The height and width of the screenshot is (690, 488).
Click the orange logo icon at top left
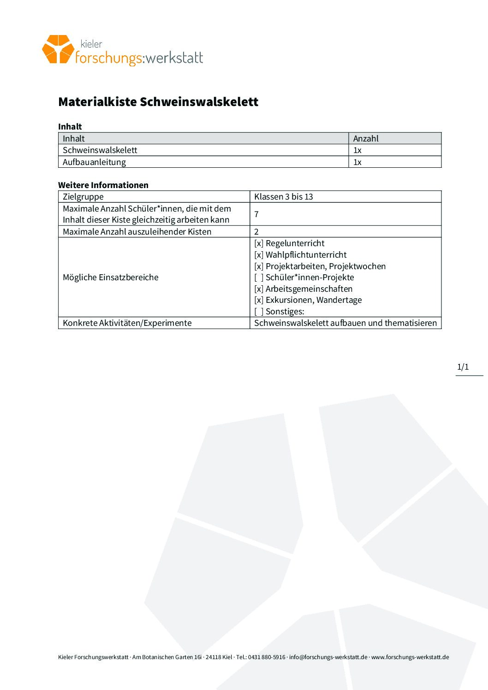tap(58, 49)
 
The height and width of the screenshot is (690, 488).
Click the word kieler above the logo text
tap(91, 44)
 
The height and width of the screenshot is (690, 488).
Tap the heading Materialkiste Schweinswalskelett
tap(158, 102)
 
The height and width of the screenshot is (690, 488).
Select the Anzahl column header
tap(366, 138)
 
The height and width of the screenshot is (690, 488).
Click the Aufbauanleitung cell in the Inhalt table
tap(94, 162)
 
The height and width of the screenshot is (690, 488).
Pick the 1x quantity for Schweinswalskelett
tap(357, 150)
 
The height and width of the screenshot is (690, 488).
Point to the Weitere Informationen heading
tap(103, 185)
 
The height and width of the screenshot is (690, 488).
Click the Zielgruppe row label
tap(83, 197)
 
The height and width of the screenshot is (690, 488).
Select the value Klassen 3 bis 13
tap(283, 197)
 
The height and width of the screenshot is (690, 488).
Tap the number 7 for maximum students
tap(256, 214)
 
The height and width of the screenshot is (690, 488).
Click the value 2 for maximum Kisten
tap(256, 232)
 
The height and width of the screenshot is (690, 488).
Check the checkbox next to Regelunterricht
tap(259, 243)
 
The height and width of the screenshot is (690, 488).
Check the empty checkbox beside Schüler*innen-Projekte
tap(259, 277)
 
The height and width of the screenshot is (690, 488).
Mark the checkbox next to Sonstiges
tap(259, 312)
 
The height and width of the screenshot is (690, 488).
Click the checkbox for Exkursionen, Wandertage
tap(259, 300)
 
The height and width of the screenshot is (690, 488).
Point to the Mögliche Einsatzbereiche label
tap(111, 277)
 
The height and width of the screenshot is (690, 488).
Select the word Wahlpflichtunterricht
tap(306, 255)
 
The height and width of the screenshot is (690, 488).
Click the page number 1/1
tap(463, 367)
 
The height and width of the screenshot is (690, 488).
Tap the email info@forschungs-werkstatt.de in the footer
tap(328, 657)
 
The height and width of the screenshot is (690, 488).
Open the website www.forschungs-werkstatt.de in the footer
tap(410, 657)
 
